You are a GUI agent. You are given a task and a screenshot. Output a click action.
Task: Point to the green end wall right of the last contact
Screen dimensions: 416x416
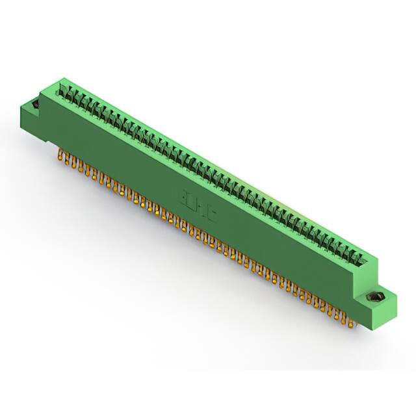point(370,255)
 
